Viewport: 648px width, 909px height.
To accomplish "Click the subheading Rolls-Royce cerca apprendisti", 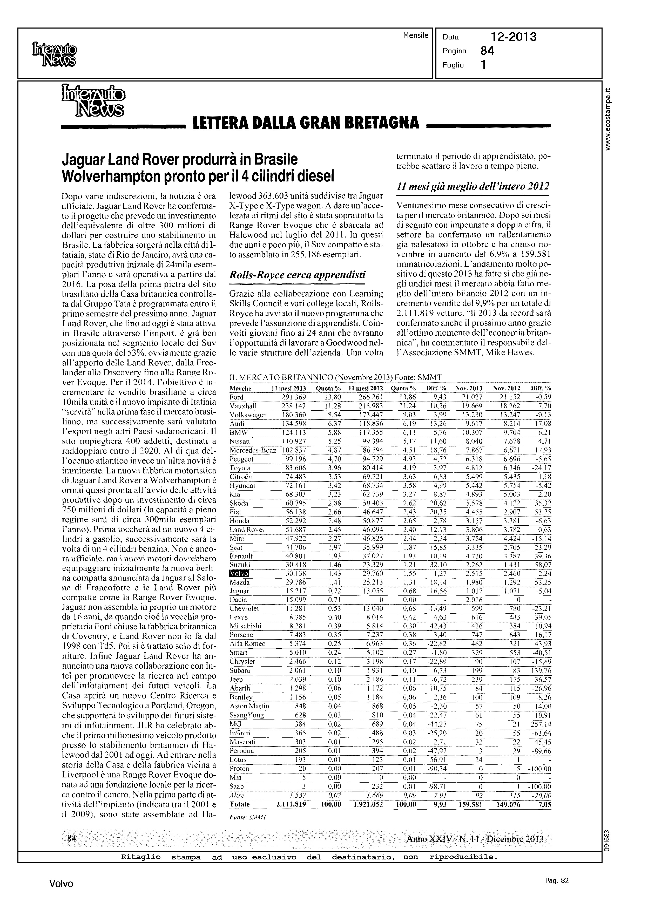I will tap(297, 275).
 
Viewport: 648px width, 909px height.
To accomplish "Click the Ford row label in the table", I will tap(236, 397).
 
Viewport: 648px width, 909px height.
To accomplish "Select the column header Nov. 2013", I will tap(469, 389).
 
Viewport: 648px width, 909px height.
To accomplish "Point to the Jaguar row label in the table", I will tap(239, 591).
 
